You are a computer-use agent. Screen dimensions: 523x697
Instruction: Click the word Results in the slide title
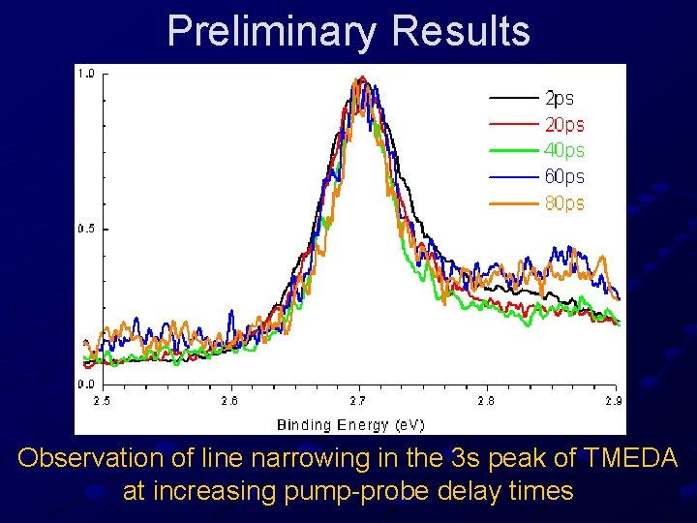click(462, 31)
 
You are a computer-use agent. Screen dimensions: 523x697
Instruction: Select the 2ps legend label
click(560, 98)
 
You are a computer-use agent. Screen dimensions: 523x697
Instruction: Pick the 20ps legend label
click(564, 124)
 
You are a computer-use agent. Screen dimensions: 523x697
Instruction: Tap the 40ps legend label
click(564, 150)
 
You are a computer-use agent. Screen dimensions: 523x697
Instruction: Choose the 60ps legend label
click(564, 176)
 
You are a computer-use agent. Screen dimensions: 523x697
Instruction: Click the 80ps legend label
click(564, 203)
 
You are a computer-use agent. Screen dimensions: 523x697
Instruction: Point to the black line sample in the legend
click(514, 98)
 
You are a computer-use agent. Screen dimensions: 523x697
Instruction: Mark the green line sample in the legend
click(514, 150)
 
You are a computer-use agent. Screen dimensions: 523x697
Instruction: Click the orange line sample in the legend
click(514, 203)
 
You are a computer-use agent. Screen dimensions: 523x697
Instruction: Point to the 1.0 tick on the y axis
click(85, 74)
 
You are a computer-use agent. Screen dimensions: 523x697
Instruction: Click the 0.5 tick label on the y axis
click(85, 230)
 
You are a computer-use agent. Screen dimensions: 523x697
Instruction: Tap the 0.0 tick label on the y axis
click(85, 385)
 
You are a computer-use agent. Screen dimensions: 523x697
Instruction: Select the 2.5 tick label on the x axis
click(102, 400)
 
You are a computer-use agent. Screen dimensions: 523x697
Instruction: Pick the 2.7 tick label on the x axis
click(358, 400)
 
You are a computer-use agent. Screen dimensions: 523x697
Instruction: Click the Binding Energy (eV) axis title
click(350, 424)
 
